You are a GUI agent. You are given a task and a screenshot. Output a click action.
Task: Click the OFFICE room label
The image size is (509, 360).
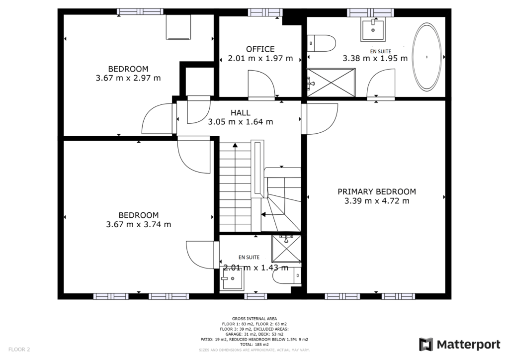click(260, 49)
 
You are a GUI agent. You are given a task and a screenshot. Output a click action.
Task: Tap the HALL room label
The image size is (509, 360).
click(240, 113)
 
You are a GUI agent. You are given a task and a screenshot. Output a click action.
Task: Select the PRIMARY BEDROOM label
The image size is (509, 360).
click(377, 191)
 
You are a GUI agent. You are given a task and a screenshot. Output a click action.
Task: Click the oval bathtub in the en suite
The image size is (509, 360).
click(427, 57)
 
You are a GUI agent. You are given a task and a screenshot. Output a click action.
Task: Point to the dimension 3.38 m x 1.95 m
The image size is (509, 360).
click(375, 58)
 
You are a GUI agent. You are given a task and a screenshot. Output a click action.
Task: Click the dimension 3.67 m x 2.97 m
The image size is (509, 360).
click(128, 78)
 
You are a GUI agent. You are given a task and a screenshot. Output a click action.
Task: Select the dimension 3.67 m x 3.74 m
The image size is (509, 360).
click(139, 224)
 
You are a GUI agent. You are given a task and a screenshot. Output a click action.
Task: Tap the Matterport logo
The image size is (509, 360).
click(459, 344)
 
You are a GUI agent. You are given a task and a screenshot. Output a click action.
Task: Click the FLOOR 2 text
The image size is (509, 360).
click(19, 350)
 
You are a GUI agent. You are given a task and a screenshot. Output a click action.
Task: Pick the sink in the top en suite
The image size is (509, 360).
click(372, 30)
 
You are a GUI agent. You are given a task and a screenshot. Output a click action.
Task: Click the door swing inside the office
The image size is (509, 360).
click(260, 82)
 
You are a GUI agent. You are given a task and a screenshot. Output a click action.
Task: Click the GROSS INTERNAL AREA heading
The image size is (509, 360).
click(254, 319)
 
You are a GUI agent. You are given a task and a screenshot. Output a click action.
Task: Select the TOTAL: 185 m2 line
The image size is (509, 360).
click(254, 345)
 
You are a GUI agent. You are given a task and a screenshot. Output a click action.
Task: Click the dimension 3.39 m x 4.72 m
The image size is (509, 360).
click(377, 201)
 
